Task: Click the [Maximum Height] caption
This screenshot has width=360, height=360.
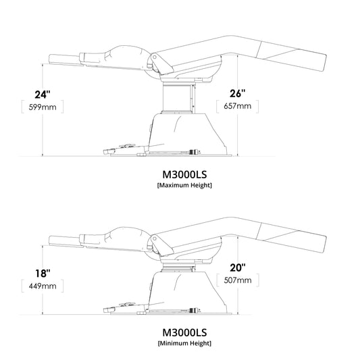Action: [184, 185]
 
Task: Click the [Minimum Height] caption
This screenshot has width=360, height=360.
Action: [184, 344]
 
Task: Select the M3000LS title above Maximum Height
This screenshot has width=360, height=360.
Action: [184, 173]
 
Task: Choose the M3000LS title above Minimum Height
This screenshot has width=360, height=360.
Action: [184, 332]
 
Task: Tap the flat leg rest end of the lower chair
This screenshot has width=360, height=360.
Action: [64, 238]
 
